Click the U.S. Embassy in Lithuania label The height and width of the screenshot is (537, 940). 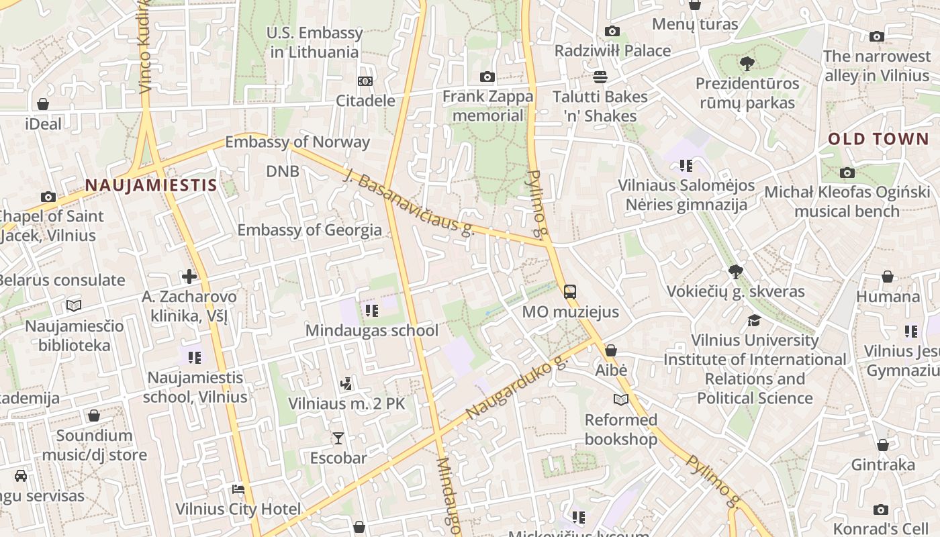coord(315,42)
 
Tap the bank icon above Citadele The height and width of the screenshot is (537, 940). coord(365,81)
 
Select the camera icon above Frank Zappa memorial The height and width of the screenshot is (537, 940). coord(487,77)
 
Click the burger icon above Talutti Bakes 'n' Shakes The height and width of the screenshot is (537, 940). coord(600,77)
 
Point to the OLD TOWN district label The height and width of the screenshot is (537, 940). coord(878,139)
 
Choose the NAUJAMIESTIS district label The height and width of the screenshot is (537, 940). coord(151,185)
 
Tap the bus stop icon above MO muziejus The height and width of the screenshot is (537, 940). coord(570,292)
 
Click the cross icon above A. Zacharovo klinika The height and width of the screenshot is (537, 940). coord(189,276)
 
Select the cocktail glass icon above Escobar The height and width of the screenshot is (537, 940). coord(338,438)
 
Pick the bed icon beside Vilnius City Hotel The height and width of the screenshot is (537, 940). coord(238,489)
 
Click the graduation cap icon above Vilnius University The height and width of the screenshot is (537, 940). coord(754,320)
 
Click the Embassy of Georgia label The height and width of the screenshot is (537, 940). coord(310,230)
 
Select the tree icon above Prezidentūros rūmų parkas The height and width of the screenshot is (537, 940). coord(747,64)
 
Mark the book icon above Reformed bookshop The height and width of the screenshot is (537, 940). coord(621,400)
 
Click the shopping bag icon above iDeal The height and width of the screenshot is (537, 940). coord(43,104)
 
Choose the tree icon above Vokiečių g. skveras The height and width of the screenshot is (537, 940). coord(736,272)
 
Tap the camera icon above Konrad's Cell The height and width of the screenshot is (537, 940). coord(881,510)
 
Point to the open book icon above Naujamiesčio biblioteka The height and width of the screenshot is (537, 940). coord(74,306)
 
